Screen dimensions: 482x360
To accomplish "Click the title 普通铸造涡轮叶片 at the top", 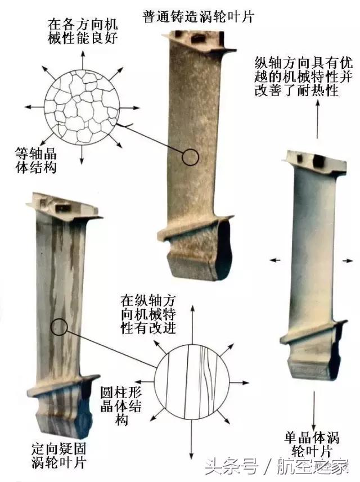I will tap(199, 16).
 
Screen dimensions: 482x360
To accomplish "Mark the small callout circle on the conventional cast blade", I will tap(191, 157).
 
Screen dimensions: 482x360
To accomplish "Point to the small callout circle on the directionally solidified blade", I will tap(58, 326).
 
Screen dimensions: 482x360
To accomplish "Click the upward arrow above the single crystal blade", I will tap(318, 118).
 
